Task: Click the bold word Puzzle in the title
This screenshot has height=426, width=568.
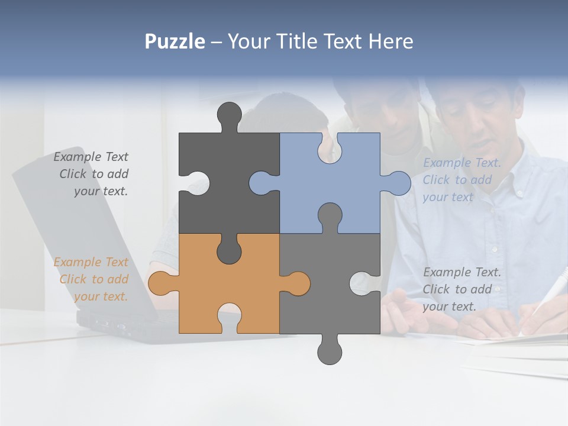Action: pyautogui.click(x=175, y=41)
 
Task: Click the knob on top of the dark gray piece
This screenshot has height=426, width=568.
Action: pyautogui.click(x=230, y=115)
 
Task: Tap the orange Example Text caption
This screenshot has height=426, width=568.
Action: pyautogui.click(x=92, y=279)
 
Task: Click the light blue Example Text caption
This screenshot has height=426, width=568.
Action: pyautogui.click(x=461, y=180)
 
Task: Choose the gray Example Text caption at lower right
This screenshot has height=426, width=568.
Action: pyautogui.click(x=461, y=289)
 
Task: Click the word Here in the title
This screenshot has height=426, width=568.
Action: pyautogui.click(x=390, y=41)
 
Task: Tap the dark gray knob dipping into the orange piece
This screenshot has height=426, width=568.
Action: pyautogui.click(x=229, y=251)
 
